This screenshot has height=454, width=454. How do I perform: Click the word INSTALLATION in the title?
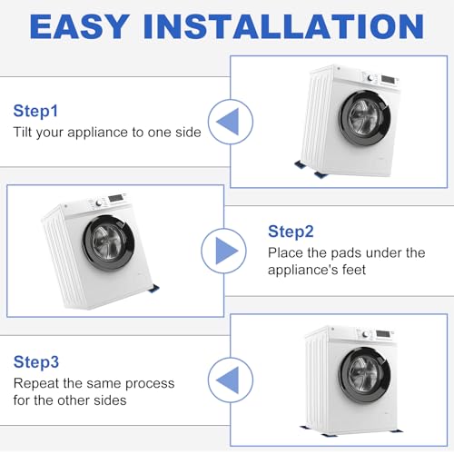pos(283,26)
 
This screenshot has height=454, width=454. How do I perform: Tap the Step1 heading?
pos(35,112)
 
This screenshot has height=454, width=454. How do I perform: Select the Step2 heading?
pos(291,232)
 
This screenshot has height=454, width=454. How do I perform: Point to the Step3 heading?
pos(36,362)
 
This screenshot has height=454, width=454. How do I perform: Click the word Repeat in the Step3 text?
pos(36,384)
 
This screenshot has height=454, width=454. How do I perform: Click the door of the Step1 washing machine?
pos(364,118)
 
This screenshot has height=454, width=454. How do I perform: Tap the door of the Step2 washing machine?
pos(108,242)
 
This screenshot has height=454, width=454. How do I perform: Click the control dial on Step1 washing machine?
pos(370,78)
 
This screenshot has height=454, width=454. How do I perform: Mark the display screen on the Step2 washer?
pos(116,198)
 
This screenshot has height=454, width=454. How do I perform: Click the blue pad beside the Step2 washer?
pos(153,289)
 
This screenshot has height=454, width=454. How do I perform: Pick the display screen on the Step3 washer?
pos(383,334)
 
